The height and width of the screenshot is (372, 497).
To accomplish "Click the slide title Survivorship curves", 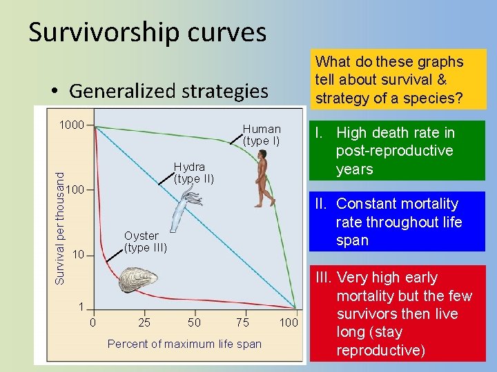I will [147, 32].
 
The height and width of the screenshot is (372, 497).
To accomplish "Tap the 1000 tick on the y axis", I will [71, 125].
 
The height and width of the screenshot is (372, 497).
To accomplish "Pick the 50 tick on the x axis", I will [195, 322].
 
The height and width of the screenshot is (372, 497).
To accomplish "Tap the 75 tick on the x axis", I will [242, 322].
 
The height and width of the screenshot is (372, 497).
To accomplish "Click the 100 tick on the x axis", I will [289, 322].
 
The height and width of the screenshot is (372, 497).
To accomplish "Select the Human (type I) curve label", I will [261, 135].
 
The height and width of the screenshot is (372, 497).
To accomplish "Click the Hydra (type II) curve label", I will [194, 173].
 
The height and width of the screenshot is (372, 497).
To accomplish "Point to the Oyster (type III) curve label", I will [145, 242].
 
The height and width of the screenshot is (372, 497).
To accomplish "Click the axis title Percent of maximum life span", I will [184, 344].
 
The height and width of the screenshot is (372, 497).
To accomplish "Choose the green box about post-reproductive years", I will [397, 151].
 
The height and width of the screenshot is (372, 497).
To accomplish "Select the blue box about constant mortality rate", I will [397, 222].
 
